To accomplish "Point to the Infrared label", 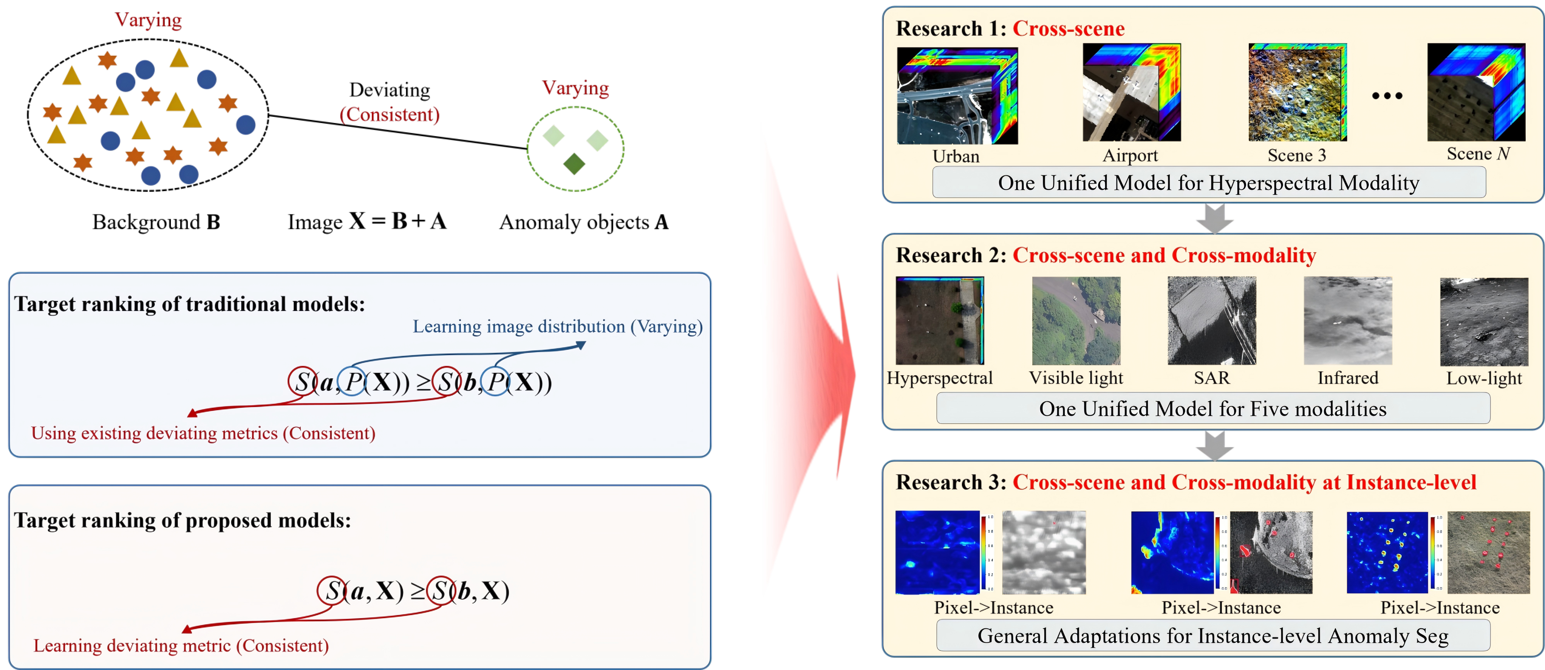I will (x=1348, y=378).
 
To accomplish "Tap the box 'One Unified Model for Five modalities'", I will (x=1213, y=408).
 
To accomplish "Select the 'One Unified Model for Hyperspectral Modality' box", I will (x=1209, y=182).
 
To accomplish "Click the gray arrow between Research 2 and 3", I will (x=1215, y=445).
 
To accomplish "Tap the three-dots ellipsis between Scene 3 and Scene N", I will (x=1387, y=95).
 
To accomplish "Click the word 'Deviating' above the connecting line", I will (x=390, y=90).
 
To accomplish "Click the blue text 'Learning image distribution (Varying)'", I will (x=557, y=326).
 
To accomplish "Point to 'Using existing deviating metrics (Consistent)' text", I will (x=203, y=433).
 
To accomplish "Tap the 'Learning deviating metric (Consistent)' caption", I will (x=181, y=645).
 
